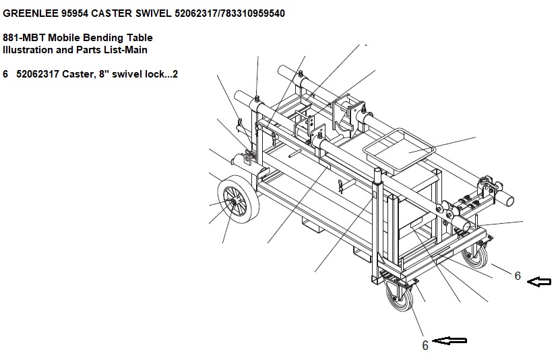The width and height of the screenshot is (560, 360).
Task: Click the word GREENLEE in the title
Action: tap(30, 13)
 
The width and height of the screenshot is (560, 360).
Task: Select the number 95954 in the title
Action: tap(75, 13)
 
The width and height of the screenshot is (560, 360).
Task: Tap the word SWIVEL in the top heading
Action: tap(153, 13)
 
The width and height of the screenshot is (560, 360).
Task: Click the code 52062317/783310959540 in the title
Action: tap(230, 13)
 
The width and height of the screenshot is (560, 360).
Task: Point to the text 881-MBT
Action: tap(24, 38)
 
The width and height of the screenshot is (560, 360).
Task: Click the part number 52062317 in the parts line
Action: tap(38, 74)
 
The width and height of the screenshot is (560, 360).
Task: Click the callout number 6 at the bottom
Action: tap(425, 345)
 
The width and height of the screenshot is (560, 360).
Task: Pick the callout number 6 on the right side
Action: tap(518, 276)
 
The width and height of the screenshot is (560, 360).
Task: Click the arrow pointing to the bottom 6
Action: tap(449, 340)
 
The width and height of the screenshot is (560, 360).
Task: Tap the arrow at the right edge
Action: tap(539, 282)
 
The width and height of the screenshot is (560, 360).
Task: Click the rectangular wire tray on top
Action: tap(400, 150)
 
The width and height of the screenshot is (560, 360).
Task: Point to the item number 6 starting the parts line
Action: tap(5, 74)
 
